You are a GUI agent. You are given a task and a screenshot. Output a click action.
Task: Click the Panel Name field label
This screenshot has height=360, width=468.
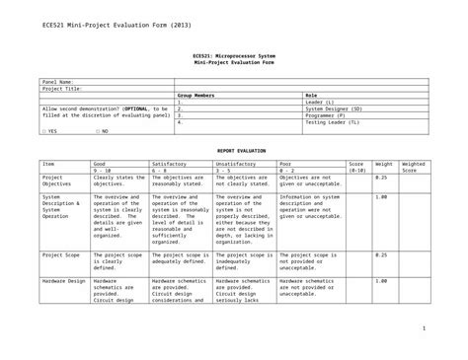pos(56,82)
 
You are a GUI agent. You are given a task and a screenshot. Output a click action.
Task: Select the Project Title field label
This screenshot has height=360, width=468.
pos(59,89)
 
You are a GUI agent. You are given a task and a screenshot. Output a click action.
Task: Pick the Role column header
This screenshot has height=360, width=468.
pos(311,96)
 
